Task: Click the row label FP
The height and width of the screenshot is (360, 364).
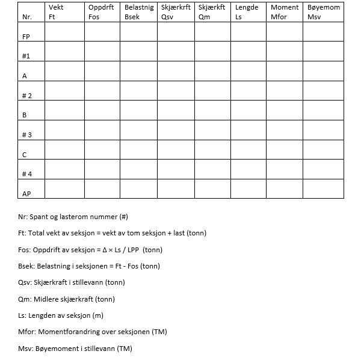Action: pyautogui.click(x=26, y=37)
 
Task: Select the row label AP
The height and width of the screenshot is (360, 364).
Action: pyautogui.click(x=26, y=194)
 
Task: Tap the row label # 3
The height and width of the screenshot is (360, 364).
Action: pyautogui.click(x=26, y=135)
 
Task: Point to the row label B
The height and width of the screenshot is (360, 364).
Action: pyautogui.click(x=25, y=115)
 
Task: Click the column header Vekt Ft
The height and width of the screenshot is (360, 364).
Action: pyautogui.click(x=56, y=12)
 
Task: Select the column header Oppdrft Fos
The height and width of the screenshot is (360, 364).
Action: pyautogui.click(x=100, y=12)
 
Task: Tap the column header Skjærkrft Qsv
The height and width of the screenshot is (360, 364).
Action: pyautogui.click(x=176, y=12)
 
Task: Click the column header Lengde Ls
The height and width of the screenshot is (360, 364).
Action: pyautogui.click(x=247, y=12)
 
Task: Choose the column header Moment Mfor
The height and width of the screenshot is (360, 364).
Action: pyautogui.click(x=284, y=12)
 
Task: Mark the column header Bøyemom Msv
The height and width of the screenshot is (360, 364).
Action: pyautogui.click(x=323, y=12)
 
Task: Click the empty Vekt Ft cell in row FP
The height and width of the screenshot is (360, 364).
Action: pyautogui.click(x=64, y=33)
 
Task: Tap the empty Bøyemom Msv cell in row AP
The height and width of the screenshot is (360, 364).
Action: pyautogui.click(x=323, y=189)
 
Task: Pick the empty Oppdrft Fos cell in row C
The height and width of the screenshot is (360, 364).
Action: pyautogui.click(x=102, y=150)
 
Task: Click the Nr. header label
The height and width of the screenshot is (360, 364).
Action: pyautogui.click(x=26, y=17)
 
